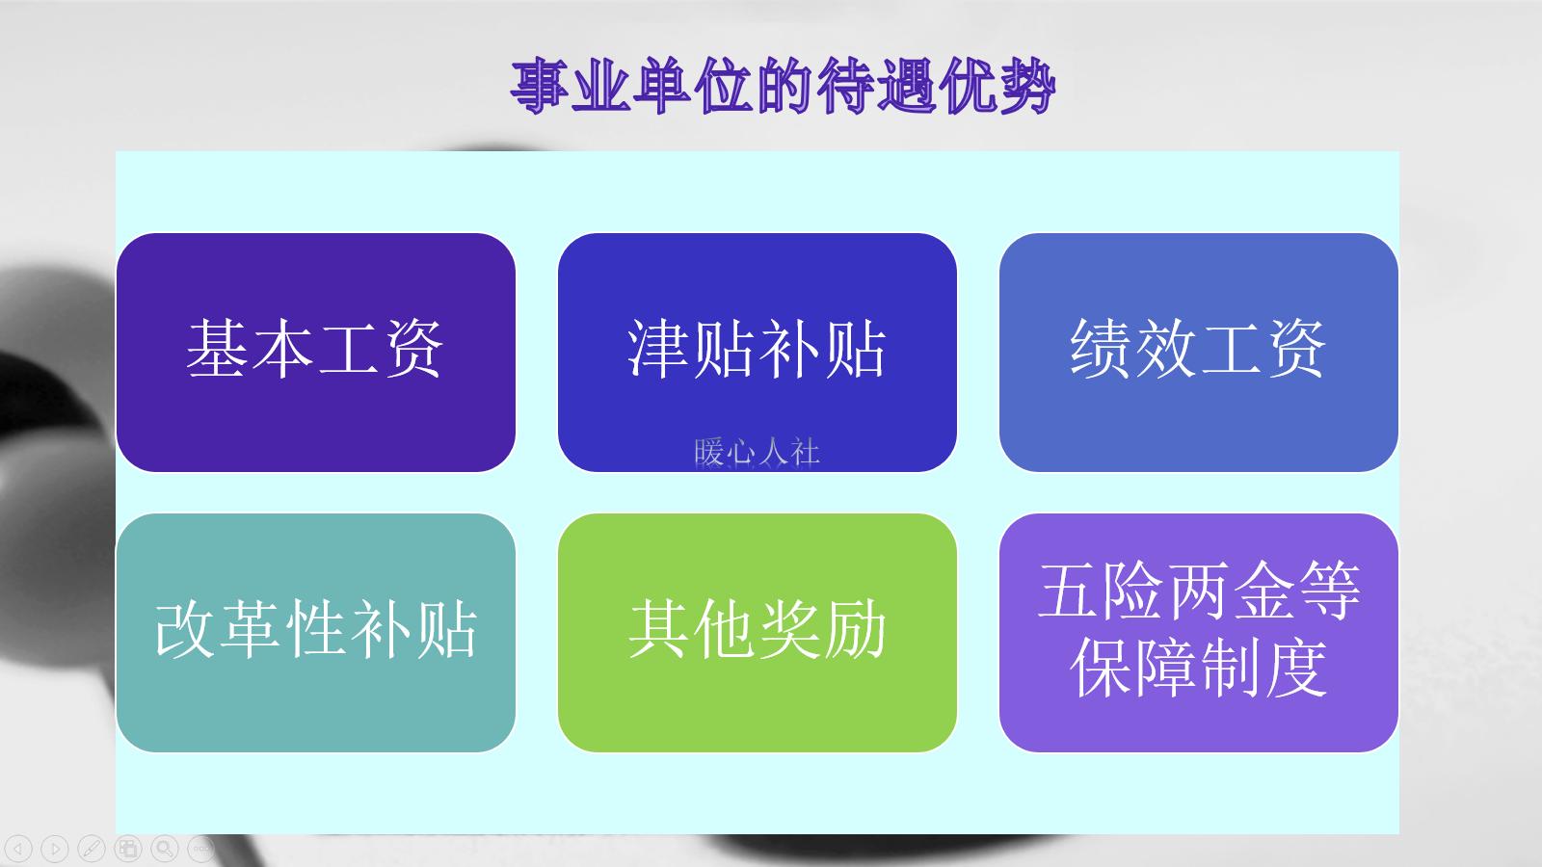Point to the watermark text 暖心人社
[757, 452]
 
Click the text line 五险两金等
[1198, 591]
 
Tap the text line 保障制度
[1198, 668]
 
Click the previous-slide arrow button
[18, 849]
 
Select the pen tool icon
[92, 849]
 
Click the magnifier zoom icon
[165, 849]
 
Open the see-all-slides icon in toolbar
[128, 849]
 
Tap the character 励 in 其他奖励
[855, 629]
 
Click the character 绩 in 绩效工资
[1101, 348]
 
